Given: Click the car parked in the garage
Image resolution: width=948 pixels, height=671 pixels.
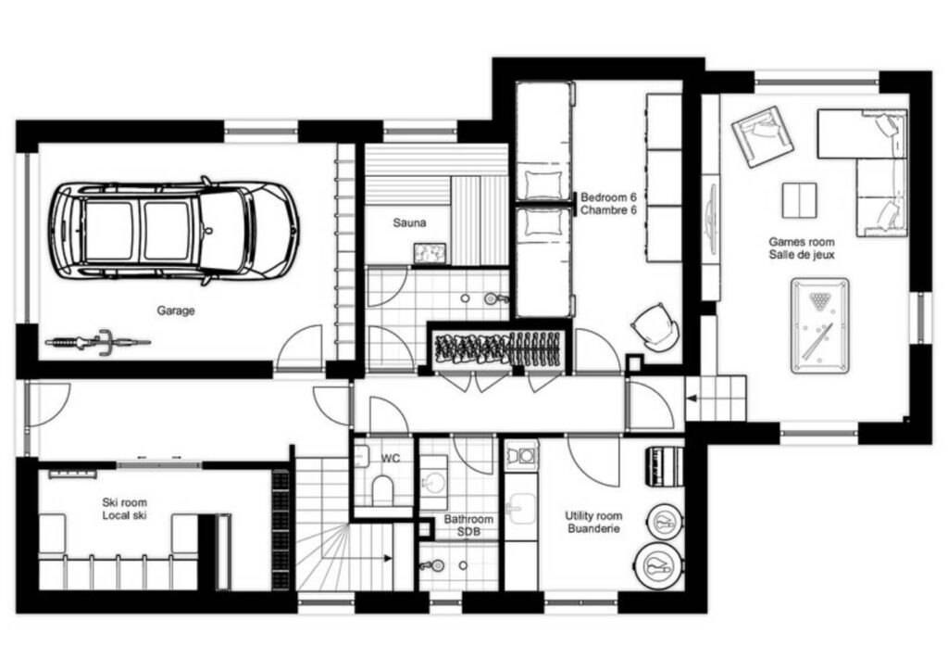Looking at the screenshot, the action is click(175, 231).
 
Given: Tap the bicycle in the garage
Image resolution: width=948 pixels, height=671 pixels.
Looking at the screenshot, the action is click(98, 342).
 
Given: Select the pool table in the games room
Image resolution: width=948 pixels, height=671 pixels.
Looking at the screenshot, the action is click(820, 325).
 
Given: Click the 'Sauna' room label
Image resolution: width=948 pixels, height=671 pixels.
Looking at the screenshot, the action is click(409, 222).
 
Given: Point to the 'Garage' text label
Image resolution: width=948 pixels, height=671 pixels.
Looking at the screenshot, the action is click(176, 310).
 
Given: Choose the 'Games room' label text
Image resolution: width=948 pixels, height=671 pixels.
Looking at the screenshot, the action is click(802, 242).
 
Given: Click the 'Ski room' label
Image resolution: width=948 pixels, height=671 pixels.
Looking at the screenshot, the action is click(125, 502).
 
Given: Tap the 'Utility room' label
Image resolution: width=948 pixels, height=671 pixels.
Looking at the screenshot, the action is click(593, 515).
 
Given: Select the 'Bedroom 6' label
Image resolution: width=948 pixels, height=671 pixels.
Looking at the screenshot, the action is click(609, 197).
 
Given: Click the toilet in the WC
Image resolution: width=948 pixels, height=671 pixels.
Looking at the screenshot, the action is click(382, 489).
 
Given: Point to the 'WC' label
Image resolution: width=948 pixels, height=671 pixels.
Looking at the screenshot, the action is click(391, 458).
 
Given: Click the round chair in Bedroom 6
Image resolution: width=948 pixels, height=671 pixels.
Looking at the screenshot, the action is click(655, 327).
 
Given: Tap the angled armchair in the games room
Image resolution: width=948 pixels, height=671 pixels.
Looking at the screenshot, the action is click(763, 137).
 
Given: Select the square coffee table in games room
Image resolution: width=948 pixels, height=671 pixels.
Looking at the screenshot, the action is click(799, 200).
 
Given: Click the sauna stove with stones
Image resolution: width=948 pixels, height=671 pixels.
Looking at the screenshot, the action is click(430, 254).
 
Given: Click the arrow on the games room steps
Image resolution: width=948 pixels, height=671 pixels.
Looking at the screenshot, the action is click(693, 399).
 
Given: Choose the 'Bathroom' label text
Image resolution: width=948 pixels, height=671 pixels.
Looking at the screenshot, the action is click(468, 519).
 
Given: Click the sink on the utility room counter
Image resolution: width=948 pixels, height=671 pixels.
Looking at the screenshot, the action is click(521, 508).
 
